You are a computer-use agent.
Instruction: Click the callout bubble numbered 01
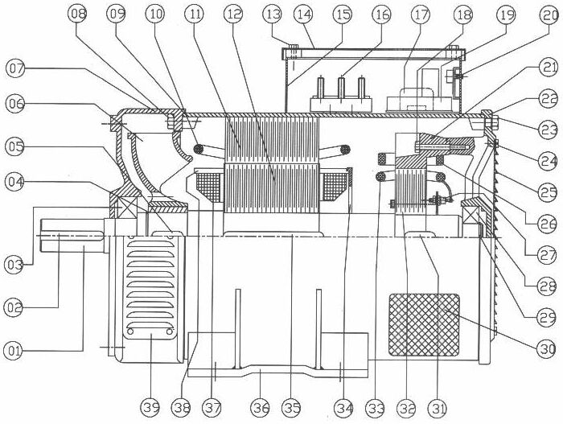click(x=14, y=350)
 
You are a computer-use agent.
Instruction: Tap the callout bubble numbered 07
click(x=16, y=70)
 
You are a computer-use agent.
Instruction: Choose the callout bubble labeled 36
click(x=258, y=410)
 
